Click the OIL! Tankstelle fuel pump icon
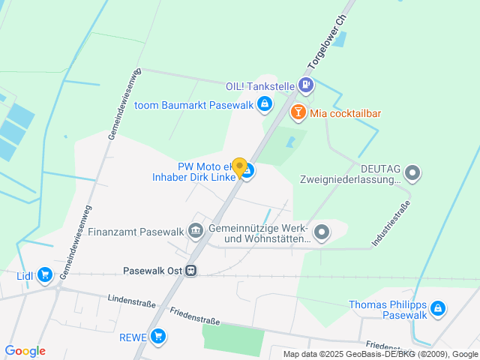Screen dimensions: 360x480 pos(306,86)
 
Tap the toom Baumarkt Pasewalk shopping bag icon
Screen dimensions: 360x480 pos(264,104)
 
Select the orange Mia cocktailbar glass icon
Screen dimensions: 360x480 pos(298,113)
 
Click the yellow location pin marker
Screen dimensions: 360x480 pos(239,167)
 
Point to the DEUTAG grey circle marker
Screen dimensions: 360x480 pos(412,174)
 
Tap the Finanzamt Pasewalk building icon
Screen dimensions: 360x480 pos(196,231)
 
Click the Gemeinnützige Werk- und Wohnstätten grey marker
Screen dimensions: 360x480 pos(322,232)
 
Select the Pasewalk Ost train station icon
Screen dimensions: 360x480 pos(192,270)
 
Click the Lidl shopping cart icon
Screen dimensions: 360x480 pos(45,275)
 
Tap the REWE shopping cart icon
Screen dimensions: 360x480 pos(157,337)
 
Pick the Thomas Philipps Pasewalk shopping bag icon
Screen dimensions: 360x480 pos(438,309)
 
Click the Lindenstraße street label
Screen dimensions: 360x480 pos(131,301)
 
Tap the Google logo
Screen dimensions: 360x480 pos(25,351)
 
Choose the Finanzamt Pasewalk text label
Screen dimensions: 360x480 pos(136,231)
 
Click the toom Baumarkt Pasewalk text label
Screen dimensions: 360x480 pos(193,104)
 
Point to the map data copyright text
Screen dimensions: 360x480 pos(380,354)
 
